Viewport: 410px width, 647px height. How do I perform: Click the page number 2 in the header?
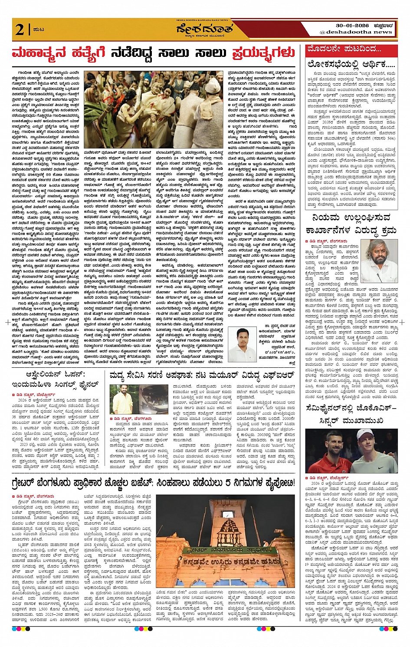pyautogui.click(x=19, y=29)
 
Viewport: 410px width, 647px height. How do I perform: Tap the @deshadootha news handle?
pyautogui.click(x=356, y=32)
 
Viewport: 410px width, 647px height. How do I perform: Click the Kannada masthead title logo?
pyautogui.click(x=204, y=29)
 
